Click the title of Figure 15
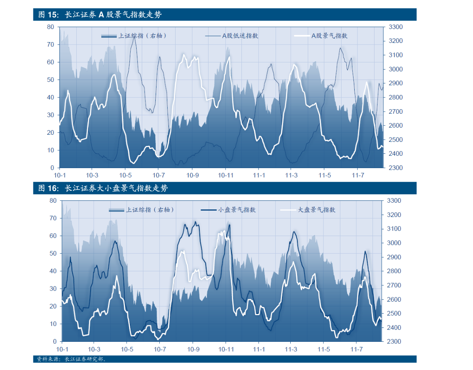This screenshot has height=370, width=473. click(x=100, y=15)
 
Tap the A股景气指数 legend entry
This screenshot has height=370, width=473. click(x=329, y=36)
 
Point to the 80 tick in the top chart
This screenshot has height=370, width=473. click(x=50, y=27)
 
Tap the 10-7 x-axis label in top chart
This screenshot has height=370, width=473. click(x=158, y=175)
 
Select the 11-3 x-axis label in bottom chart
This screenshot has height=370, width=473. click(x=291, y=349)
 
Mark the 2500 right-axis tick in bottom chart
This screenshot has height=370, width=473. click(x=393, y=314)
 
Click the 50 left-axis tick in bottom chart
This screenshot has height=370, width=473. click(x=53, y=254)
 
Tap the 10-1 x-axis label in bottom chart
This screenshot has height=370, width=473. click(x=62, y=349)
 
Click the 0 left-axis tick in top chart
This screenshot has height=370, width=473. click(x=52, y=168)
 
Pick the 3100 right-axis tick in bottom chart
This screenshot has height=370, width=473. click(x=393, y=229)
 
